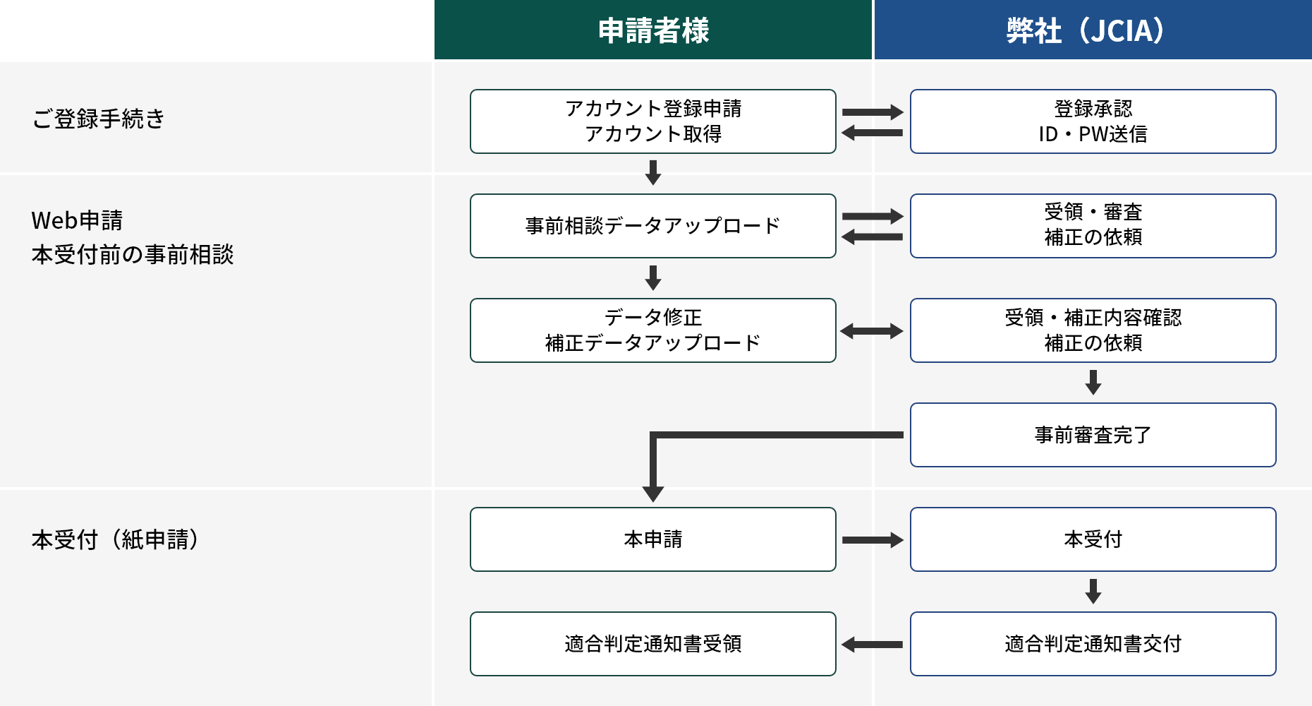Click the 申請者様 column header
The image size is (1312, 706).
pyautogui.click(x=653, y=30)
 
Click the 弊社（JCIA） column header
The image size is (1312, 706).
pyautogui.click(x=1092, y=30)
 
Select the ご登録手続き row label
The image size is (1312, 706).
pyautogui.click(x=99, y=119)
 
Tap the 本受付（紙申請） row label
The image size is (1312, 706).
pyautogui.click(x=116, y=539)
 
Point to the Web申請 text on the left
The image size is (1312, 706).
pyautogui.click(x=78, y=220)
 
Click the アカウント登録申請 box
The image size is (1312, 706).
pyautogui.click(x=653, y=121)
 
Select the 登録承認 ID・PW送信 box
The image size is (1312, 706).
pyautogui.click(x=1093, y=121)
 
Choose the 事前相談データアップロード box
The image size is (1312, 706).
pyautogui.click(x=653, y=226)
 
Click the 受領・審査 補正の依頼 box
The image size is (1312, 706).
pyautogui.click(x=1093, y=226)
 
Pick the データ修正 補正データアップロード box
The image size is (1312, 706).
pyautogui.click(x=653, y=330)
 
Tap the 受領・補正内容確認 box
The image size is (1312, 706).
pyautogui.click(x=1093, y=330)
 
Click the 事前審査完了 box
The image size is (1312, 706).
pyautogui.click(x=1093, y=435)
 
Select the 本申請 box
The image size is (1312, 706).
pyautogui.click(x=653, y=539)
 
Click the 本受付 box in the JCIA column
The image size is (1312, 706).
pyautogui.click(x=1093, y=539)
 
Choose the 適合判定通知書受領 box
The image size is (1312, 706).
pyautogui.click(x=653, y=644)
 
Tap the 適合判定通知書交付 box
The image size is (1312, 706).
pyautogui.click(x=1093, y=644)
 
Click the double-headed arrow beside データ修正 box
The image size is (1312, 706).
pyautogui.click(x=872, y=331)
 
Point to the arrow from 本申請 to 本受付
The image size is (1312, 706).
pyautogui.click(x=872, y=540)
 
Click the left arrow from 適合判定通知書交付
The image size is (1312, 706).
pyautogui.click(x=872, y=645)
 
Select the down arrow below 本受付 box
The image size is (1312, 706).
pyautogui.click(x=1093, y=591)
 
